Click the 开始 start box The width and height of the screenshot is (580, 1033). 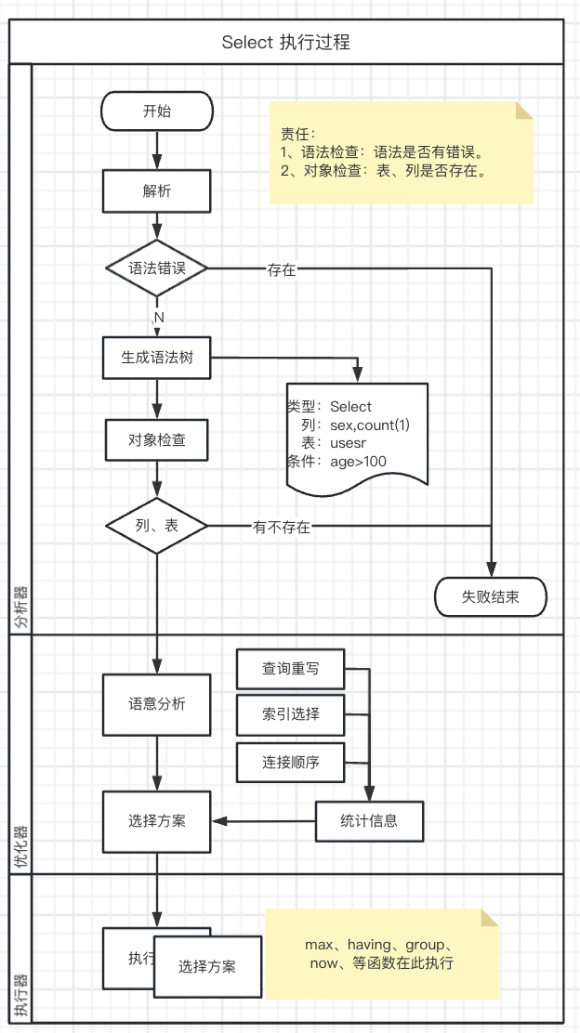pyautogui.click(x=157, y=111)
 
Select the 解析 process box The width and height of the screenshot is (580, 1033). pyautogui.click(x=157, y=191)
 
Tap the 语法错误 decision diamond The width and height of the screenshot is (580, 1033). pyautogui.click(x=157, y=269)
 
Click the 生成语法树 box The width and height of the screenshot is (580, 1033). pyautogui.click(x=157, y=358)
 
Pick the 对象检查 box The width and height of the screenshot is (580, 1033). pyautogui.click(x=157, y=439)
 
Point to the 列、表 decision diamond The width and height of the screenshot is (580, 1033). pyautogui.click(x=157, y=526)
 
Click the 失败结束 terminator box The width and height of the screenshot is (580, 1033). pyautogui.click(x=491, y=597)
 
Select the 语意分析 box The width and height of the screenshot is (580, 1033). pyautogui.click(x=157, y=704)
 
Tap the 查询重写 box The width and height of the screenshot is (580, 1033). pyautogui.click(x=291, y=668)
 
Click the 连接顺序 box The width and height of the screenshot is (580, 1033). pyautogui.click(x=291, y=763)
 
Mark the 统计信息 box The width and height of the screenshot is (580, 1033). pyautogui.click(x=370, y=820)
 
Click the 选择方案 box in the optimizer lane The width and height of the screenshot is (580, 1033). pyautogui.click(x=157, y=821)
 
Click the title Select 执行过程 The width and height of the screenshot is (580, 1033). pyautogui.click(x=286, y=43)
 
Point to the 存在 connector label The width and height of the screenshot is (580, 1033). pyautogui.click(x=282, y=270)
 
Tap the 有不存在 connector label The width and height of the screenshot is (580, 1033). pyautogui.click(x=282, y=527)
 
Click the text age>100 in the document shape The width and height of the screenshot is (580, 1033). pyautogui.click(x=358, y=461)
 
